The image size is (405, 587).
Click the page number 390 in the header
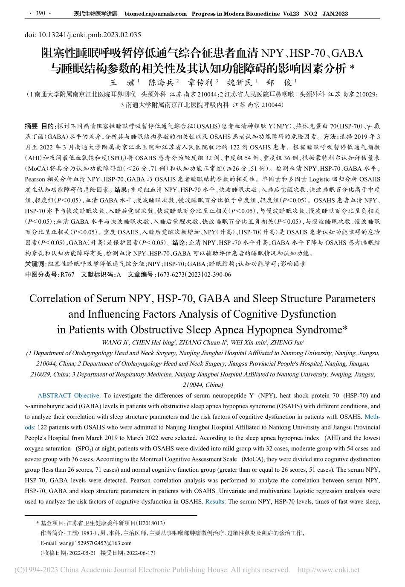point(40,13)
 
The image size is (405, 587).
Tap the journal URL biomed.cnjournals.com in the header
point(155,14)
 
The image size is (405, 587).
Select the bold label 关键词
point(35,264)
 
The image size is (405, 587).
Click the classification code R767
point(67,275)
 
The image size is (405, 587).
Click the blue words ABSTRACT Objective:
point(69,396)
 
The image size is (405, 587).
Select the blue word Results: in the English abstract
point(215,502)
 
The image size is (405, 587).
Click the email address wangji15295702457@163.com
point(86,543)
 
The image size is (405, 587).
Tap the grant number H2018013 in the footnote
point(152,523)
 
